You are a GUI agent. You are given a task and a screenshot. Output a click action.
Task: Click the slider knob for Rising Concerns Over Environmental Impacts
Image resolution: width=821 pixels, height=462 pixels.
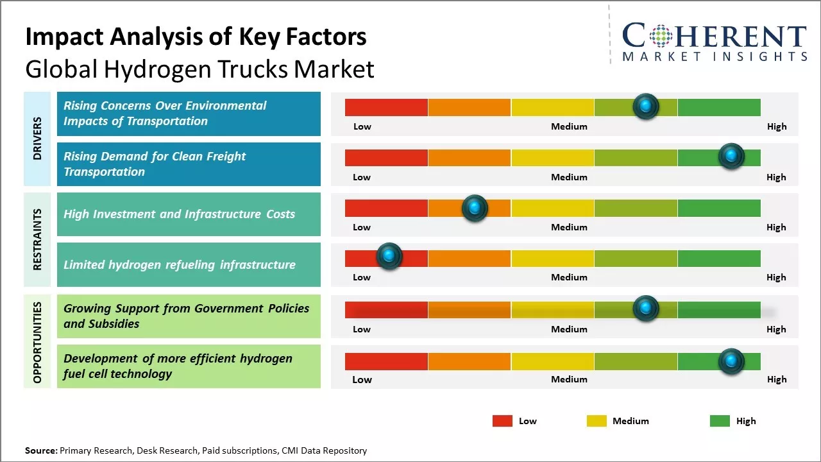[646, 106]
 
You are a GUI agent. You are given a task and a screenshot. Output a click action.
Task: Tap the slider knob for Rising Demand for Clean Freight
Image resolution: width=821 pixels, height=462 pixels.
[731, 156]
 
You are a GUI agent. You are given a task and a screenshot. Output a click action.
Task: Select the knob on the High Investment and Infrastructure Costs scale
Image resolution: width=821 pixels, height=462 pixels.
[475, 207]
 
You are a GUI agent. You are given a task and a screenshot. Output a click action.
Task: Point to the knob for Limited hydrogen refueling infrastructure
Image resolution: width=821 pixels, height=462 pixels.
[389, 256]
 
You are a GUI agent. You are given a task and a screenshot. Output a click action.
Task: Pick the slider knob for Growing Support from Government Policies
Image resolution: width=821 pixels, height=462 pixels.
[646, 309]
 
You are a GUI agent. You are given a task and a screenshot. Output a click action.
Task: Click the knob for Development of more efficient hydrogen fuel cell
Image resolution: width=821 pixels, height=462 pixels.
[731, 361]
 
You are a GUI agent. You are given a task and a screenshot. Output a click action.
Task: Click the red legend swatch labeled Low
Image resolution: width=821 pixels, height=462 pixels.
[502, 421]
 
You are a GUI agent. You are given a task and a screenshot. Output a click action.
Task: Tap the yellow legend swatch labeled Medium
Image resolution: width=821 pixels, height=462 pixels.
[597, 421]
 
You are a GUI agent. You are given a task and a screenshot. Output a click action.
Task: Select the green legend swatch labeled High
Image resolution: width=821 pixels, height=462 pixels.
[720, 421]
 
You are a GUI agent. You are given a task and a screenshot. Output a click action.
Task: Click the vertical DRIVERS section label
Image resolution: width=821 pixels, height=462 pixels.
[37, 138]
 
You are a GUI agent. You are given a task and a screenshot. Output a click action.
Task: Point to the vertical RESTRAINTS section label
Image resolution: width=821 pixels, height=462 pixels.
[37, 239]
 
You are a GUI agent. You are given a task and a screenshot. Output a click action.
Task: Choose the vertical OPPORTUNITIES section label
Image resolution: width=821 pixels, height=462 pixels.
[37, 342]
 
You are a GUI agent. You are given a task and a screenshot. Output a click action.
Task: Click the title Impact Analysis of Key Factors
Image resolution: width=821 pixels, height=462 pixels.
[196, 37]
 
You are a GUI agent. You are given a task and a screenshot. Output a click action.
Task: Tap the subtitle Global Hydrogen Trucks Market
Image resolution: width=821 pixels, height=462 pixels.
[199, 69]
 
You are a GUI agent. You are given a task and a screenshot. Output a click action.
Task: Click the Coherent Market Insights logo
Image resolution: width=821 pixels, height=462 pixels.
[714, 42]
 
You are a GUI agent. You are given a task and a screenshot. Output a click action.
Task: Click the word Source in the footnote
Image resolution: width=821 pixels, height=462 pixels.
[40, 450]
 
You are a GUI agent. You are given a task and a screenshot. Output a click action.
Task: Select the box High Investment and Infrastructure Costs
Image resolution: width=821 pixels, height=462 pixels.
[189, 214]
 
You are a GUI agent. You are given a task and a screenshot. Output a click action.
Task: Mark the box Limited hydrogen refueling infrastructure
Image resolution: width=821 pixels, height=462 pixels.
[189, 264]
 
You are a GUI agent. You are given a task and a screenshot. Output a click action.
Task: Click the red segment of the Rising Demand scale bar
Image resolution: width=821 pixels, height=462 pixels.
[386, 157]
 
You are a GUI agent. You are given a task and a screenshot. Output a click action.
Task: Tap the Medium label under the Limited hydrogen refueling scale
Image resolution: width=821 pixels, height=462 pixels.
[569, 277]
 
